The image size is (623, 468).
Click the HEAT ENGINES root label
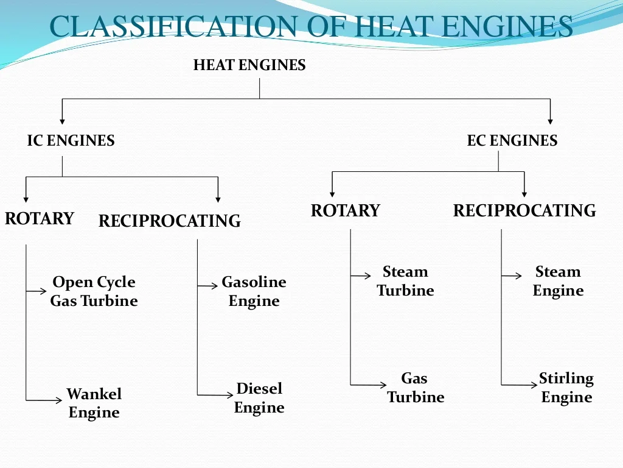249,65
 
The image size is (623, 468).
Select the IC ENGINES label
71,141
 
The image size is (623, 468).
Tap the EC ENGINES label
512,141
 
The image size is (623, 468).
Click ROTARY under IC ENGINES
39,218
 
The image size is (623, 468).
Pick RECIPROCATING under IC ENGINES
169,221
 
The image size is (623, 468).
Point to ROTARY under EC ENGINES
345,211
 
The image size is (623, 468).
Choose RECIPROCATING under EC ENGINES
524,211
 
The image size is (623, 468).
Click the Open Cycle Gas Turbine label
94,291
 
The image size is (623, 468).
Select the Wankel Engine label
94,403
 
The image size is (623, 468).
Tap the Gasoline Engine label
254,291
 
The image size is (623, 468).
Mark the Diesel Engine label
259,397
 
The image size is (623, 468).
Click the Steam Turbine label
405,281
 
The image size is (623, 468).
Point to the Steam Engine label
558,281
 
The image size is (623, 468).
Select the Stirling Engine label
566,388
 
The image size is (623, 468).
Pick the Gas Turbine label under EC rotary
415,388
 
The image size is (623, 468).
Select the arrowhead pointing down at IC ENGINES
62,120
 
